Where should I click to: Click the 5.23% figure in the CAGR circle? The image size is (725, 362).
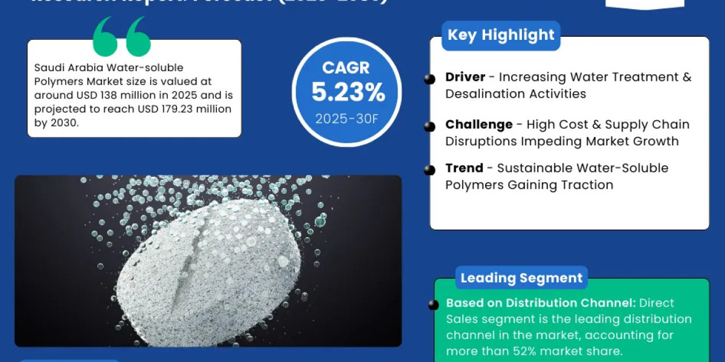(348, 92)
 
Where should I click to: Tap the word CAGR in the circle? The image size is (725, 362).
(347, 68)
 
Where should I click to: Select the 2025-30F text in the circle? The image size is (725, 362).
(347, 118)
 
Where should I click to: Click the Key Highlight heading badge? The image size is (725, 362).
(501, 35)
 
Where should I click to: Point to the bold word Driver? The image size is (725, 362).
(465, 77)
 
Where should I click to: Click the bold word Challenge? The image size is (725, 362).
(479, 124)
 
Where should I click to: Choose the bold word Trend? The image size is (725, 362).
(464, 168)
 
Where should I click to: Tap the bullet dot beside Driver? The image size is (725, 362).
(430, 79)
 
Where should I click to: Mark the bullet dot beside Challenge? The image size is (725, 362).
(430, 126)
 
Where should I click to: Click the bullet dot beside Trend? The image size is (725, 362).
(430, 170)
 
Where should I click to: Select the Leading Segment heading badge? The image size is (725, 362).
(521, 278)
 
